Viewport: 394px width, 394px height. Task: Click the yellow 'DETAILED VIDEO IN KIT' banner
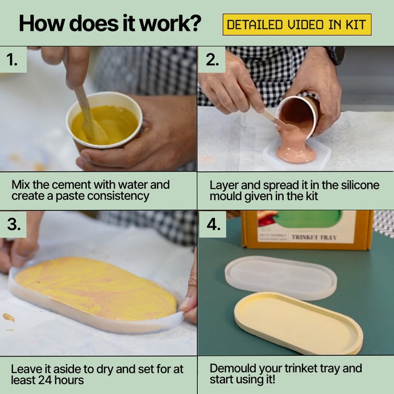[297, 24]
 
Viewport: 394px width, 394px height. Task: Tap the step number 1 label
[12, 60]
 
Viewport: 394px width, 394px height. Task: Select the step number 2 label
[212, 60]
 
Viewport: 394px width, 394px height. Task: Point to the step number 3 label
[14, 224]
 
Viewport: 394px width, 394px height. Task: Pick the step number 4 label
[213, 224]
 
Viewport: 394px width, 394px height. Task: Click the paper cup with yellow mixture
[104, 121]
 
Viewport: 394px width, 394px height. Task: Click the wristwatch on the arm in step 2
[336, 55]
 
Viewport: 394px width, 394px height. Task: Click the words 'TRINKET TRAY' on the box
[314, 237]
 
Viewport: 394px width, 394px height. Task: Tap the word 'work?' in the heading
[170, 23]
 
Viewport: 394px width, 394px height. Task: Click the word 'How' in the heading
[42, 23]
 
